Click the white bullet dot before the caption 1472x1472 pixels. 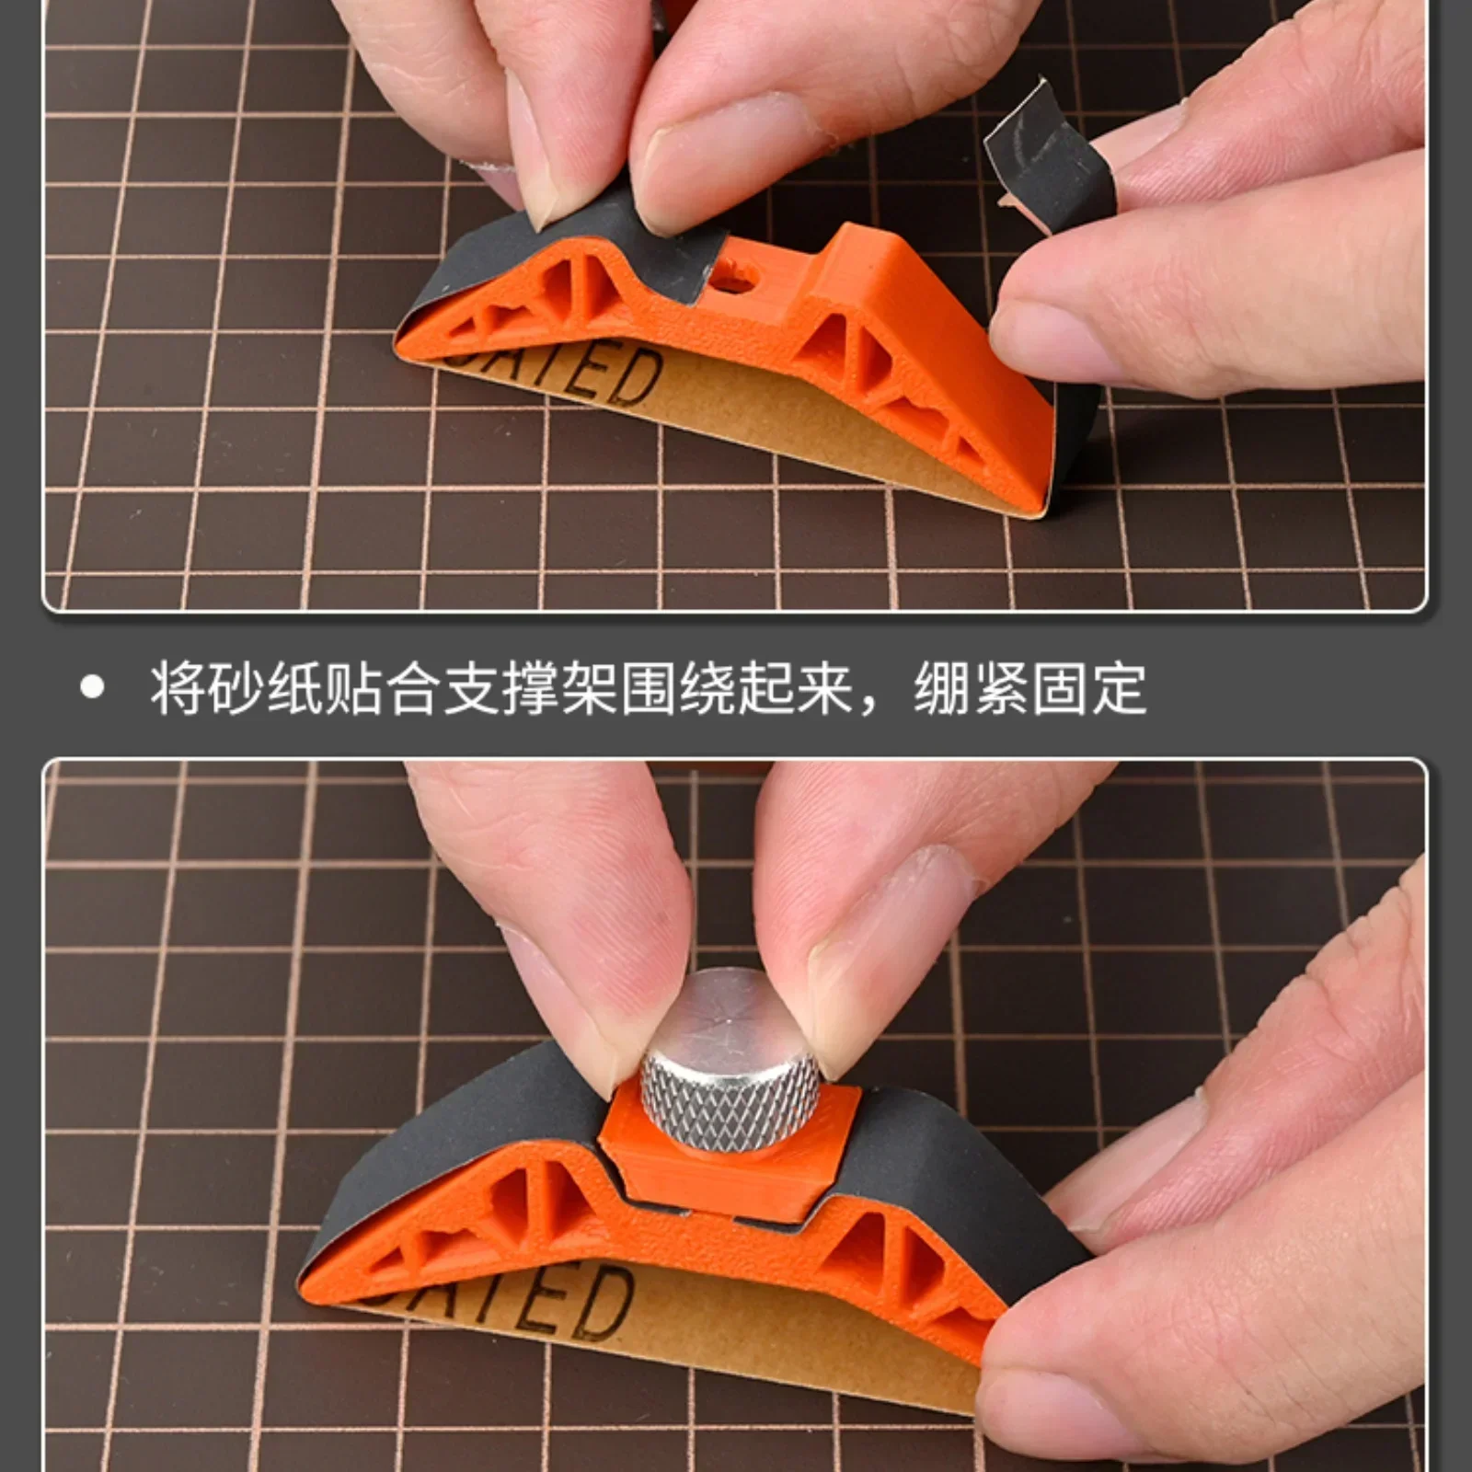[92, 688]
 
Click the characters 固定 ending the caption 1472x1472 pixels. [1089, 688]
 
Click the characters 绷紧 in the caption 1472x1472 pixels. [971, 688]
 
